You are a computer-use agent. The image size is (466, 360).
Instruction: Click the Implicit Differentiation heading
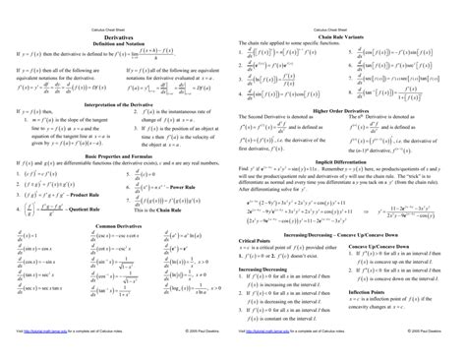[349, 159]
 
